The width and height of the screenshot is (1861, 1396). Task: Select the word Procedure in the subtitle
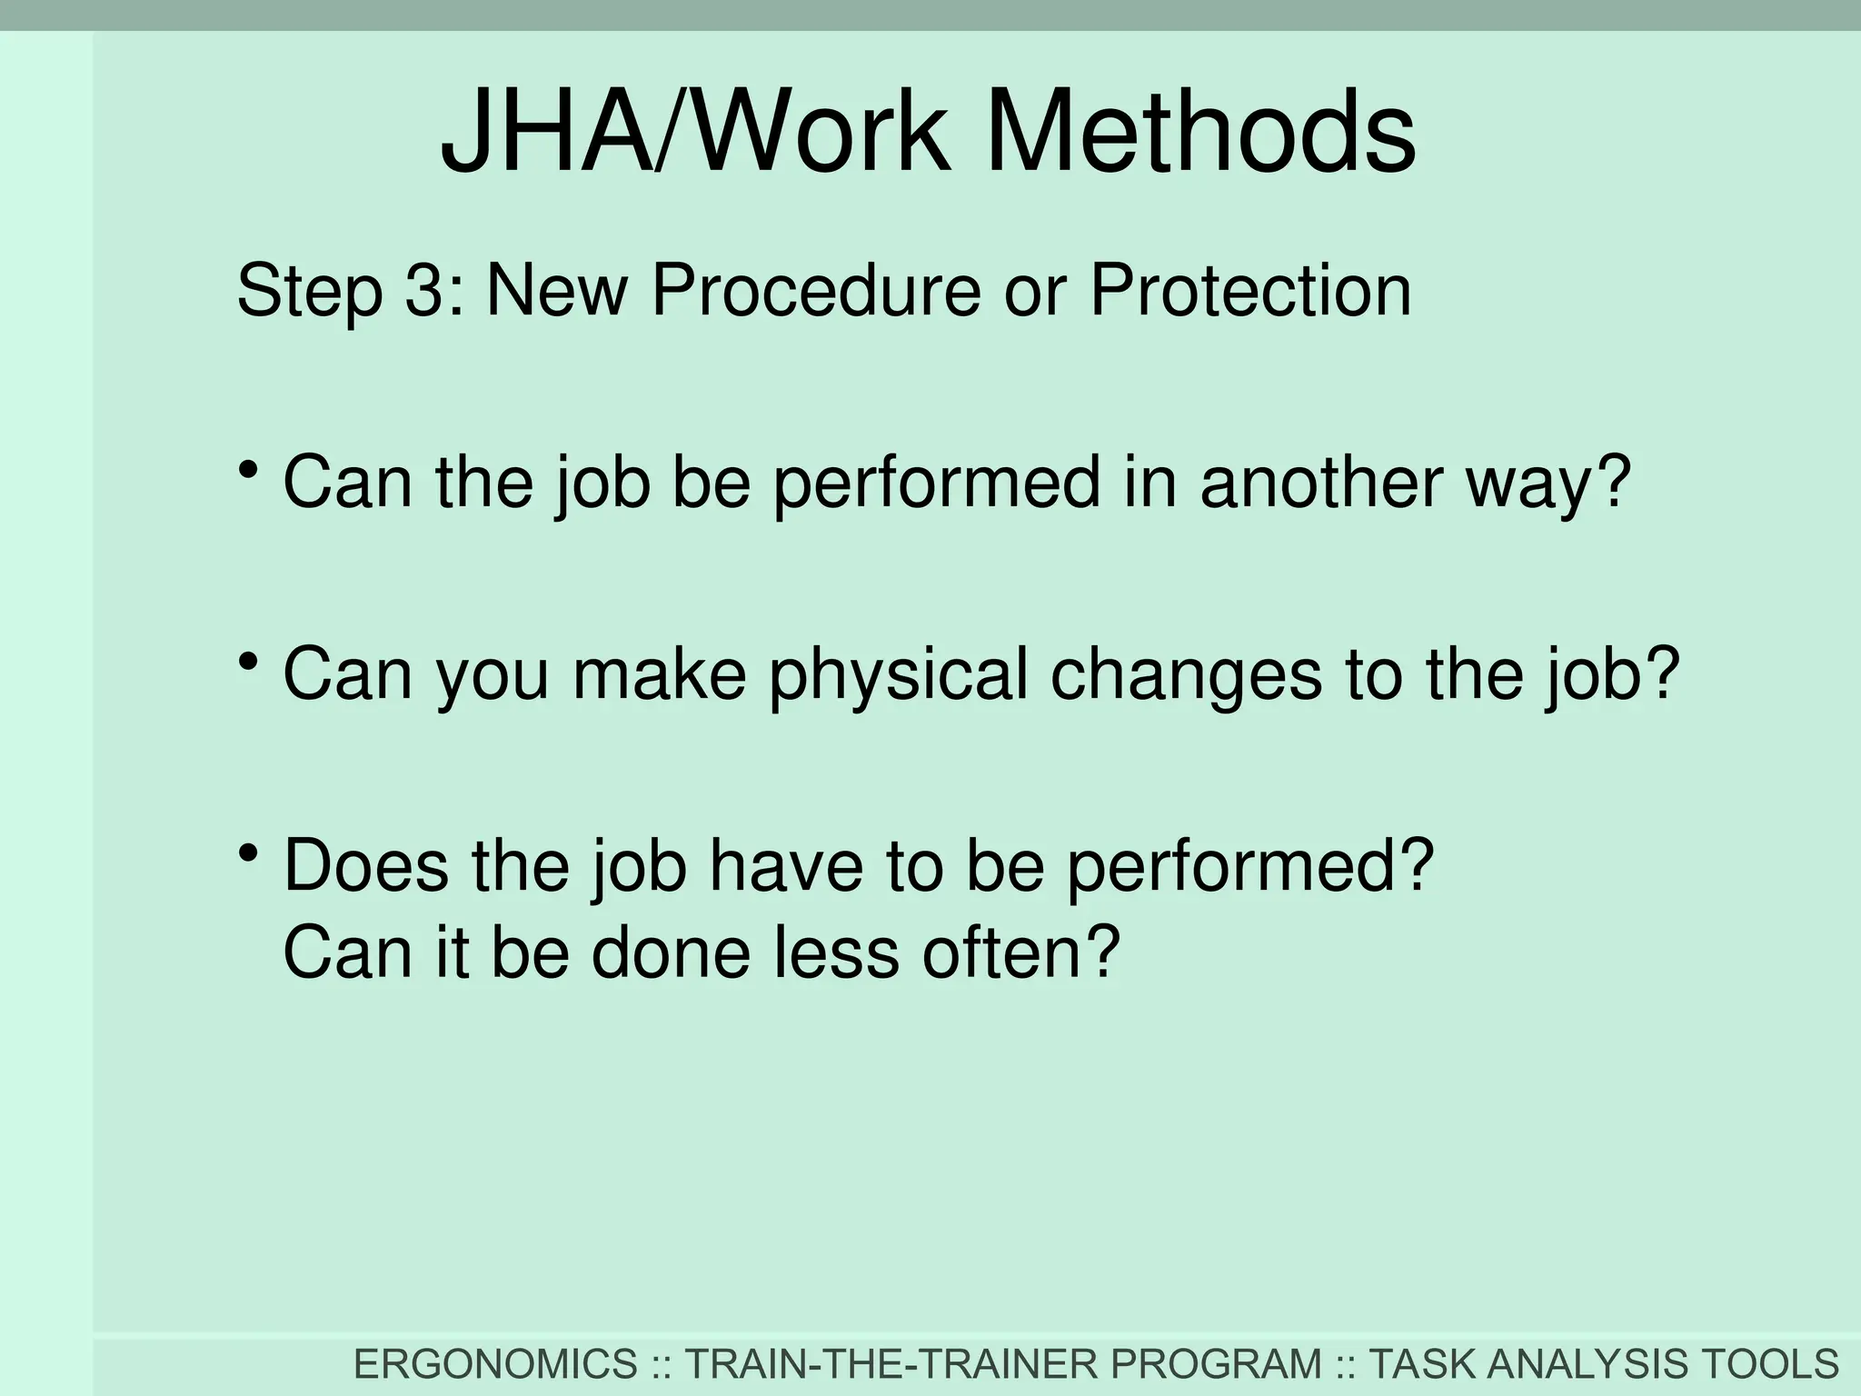(x=816, y=291)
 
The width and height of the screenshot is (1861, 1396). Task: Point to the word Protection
(x=1250, y=291)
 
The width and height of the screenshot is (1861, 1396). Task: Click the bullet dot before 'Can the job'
(x=247, y=471)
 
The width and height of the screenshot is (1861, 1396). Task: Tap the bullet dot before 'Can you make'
(x=247, y=663)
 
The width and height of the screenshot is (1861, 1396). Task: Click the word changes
(x=1186, y=674)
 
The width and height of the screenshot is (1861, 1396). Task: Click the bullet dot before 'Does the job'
(x=247, y=853)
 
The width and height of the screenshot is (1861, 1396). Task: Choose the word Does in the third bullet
(x=366, y=865)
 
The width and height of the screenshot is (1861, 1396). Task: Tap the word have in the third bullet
(x=786, y=865)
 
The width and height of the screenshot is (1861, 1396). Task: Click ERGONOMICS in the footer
(x=495, y=1364)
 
